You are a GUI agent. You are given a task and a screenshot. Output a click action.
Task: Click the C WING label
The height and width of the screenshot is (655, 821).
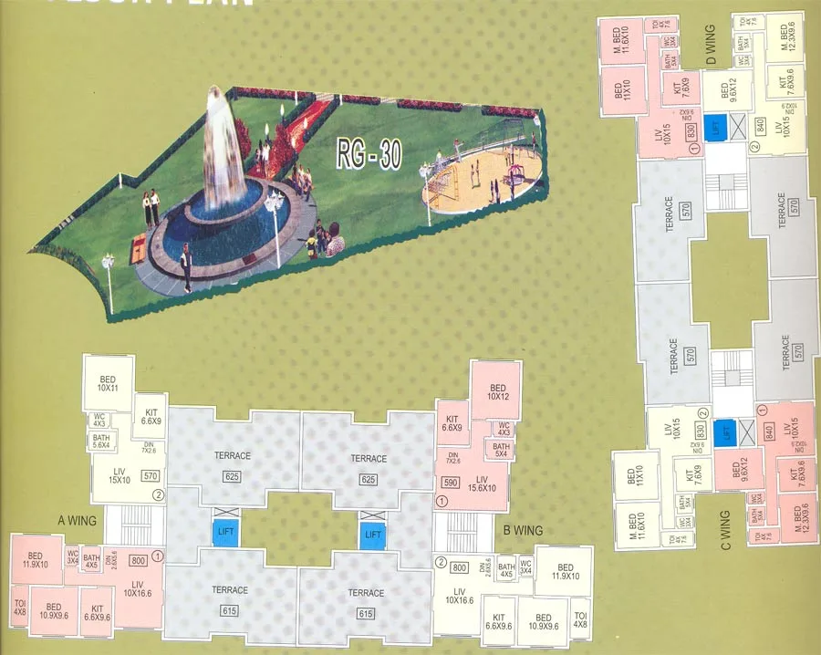point(726,532)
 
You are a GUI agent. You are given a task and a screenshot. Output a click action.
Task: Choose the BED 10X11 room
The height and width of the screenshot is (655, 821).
point(108,384)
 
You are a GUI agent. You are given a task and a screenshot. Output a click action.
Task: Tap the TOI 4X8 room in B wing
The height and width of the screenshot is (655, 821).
point(580,620)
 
